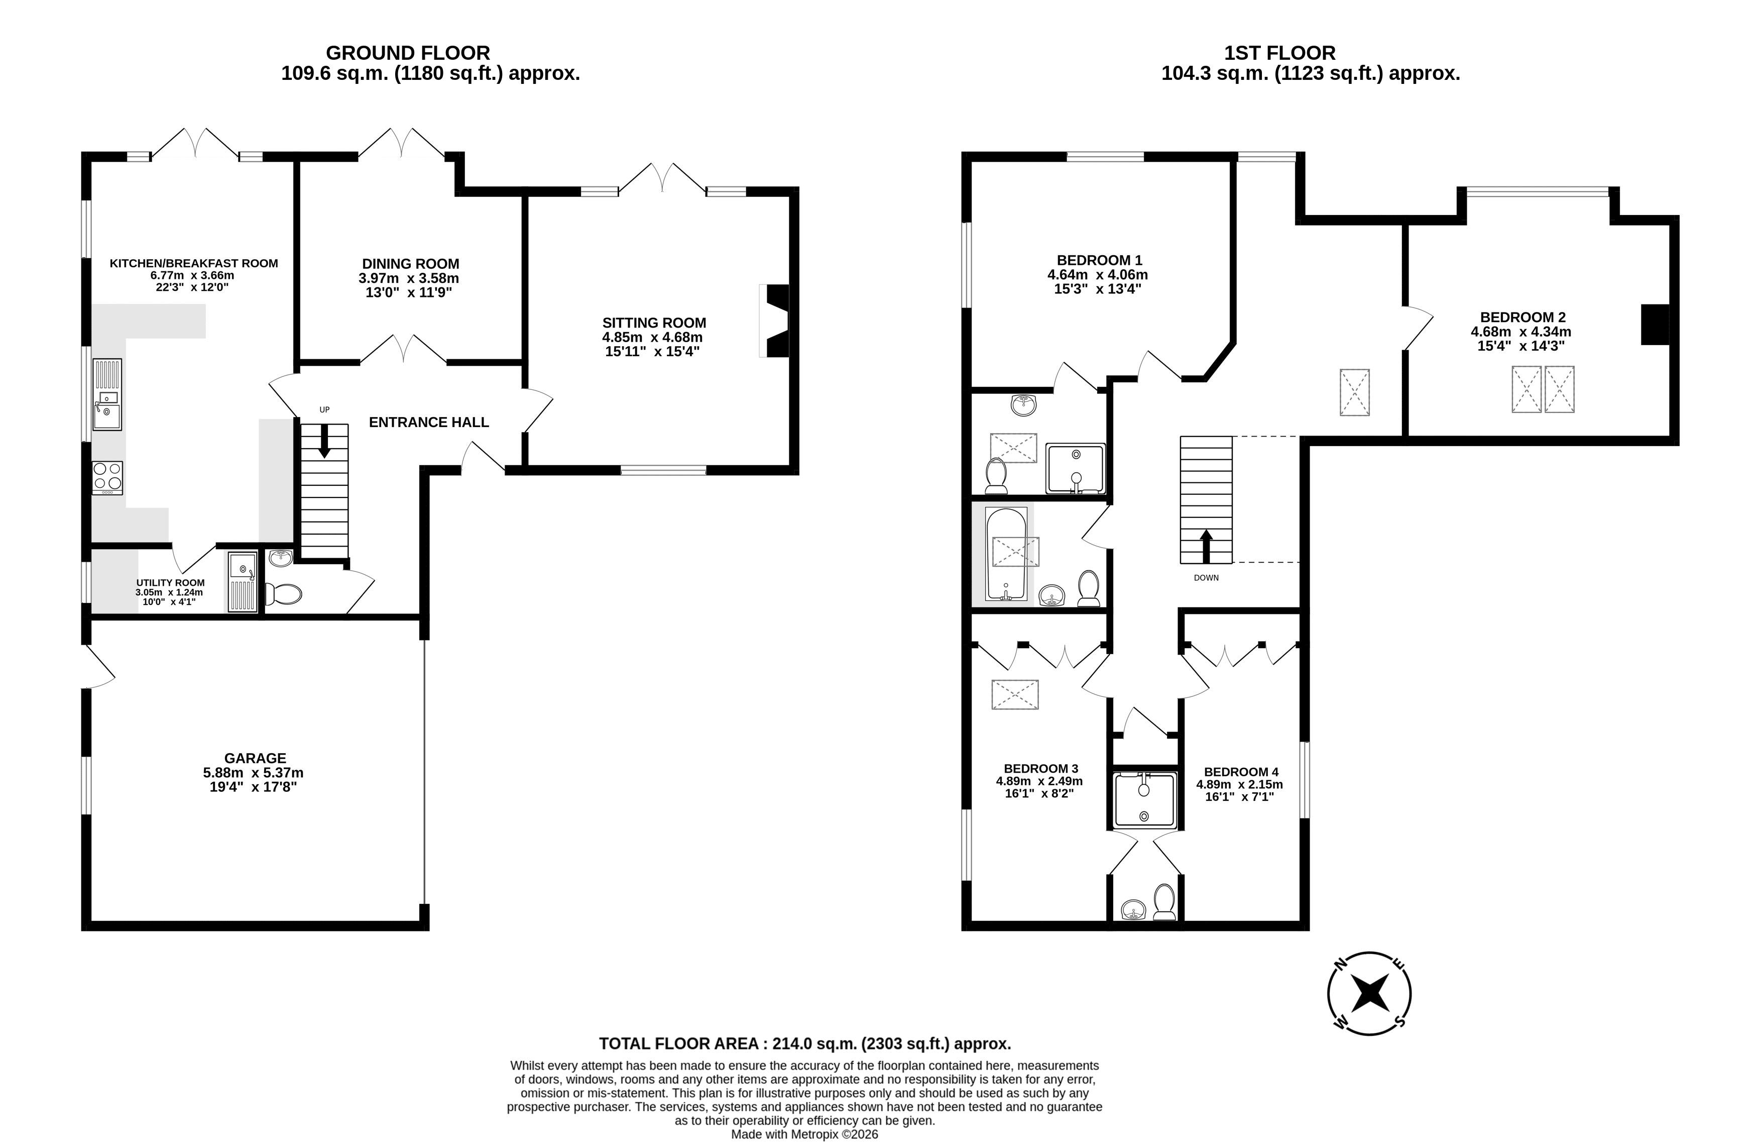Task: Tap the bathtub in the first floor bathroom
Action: [x=1006, y=554]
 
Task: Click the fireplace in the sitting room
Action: [x=775, y=321]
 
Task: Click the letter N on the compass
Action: [x=1339, y=964]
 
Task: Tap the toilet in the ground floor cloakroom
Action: [x=283, y=593]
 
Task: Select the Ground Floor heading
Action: [x=408, y=53]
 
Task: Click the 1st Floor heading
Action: [x=1280, y=53]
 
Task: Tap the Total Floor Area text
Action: [x=805, y=1044]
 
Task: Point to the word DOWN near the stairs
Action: [x=1206, y=578]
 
